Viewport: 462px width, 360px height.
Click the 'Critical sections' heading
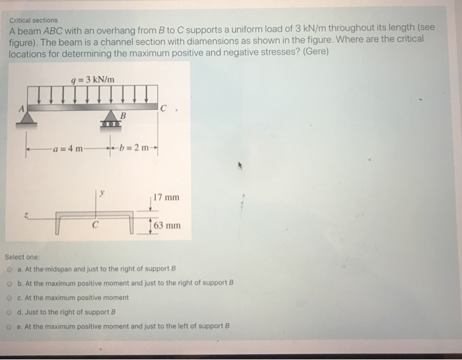pyautogui.click(x=34, y=20)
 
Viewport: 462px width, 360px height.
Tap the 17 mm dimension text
pyautogui.click(x=166, y=198)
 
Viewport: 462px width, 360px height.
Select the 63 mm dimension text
pyautogui.click(x=167, y=226)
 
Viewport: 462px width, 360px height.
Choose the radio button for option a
pyautogui.click(x=10, y=270)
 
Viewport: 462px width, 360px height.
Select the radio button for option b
pyautogui.click(x=10, y=283)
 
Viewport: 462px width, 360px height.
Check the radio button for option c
pyautogui.click(x=10, y=297)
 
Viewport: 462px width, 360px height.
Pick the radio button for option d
pyautogui.click(x=10, y=311)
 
